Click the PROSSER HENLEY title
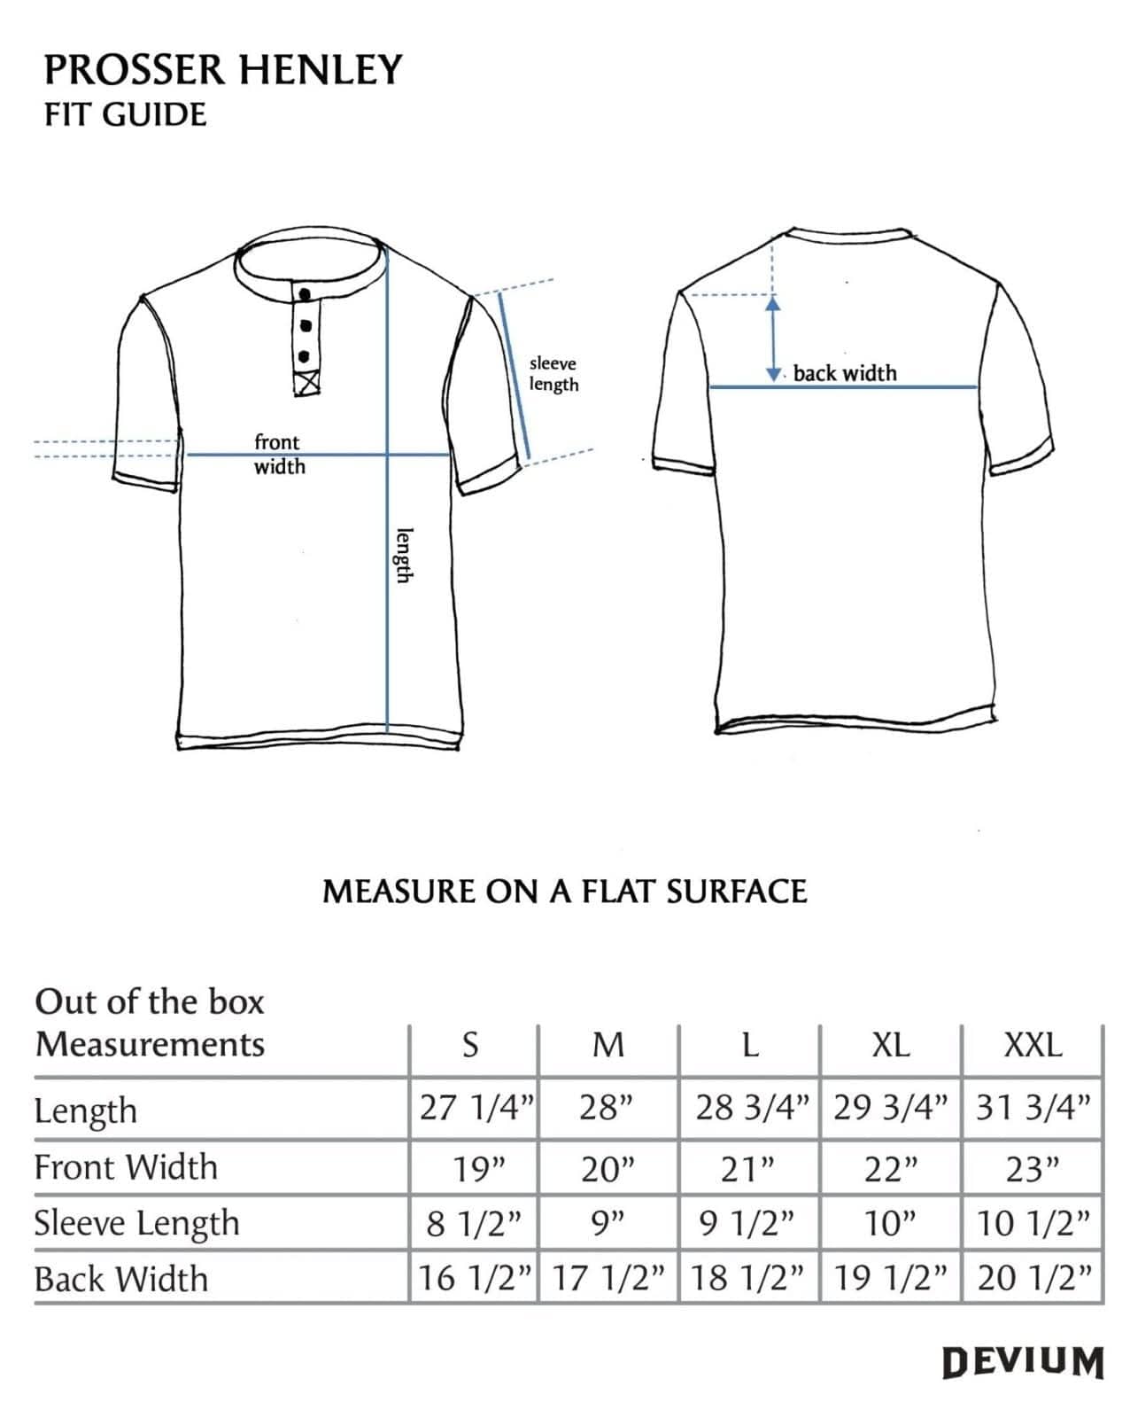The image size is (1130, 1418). coord(223,70)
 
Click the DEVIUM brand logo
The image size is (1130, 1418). coord(1023,1362)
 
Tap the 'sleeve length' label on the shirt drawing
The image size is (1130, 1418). coord(553,374)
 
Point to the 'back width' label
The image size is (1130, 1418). coord(845,373)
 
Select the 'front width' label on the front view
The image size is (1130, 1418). coord(278,454)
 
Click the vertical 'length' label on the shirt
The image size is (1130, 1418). coord(404,556)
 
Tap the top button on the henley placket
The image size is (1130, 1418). coord(306,295)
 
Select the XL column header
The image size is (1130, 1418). coord(890,1046)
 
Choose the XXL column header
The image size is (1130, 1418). coord(1033,1046)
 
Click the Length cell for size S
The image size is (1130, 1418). coord(476,1108)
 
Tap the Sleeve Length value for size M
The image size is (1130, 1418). coord(608,1224)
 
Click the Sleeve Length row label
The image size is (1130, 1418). coord(136,1224)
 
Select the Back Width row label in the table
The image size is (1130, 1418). coord(121,1279)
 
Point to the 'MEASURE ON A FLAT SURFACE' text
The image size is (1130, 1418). coord(564,892)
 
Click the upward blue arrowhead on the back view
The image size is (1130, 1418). coord(773,304)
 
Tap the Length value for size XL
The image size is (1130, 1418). coord(890,1108)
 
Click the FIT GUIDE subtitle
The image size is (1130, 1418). coord(125,114)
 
